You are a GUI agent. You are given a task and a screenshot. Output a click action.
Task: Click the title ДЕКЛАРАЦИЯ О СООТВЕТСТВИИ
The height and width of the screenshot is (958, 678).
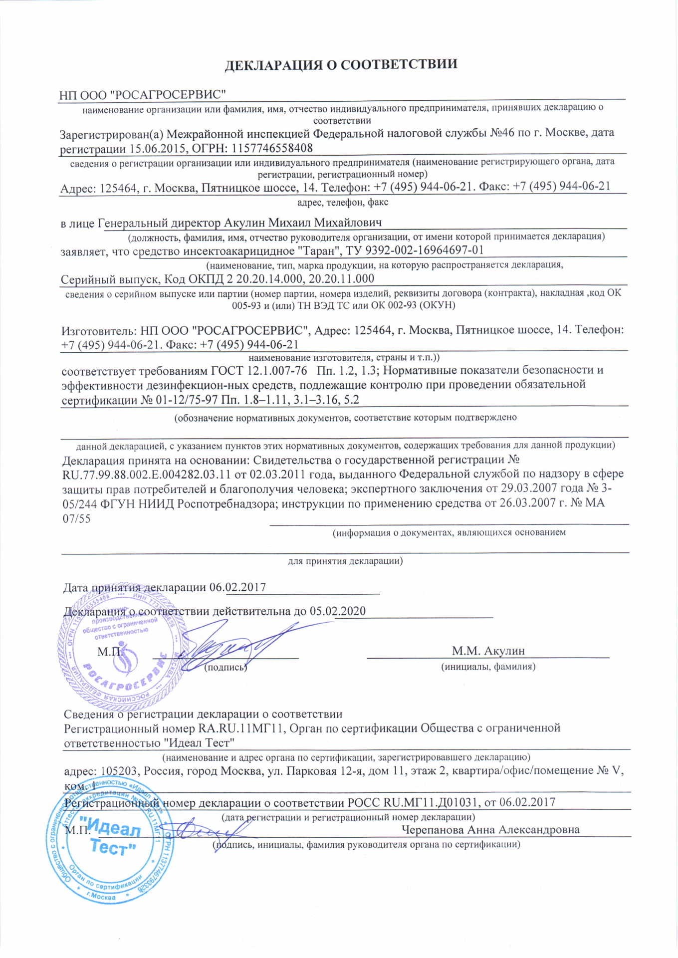(x=341, y=65)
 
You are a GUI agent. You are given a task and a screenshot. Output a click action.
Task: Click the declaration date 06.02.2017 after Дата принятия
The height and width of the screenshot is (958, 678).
(x=237, y=587)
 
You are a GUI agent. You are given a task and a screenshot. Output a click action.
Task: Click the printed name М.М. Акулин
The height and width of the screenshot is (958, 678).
(x=488, y=651)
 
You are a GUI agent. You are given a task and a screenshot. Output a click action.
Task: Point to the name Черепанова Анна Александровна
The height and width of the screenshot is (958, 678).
(x=490, y=830)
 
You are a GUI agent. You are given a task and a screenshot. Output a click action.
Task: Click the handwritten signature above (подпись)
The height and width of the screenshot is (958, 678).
(x=234, y=644)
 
